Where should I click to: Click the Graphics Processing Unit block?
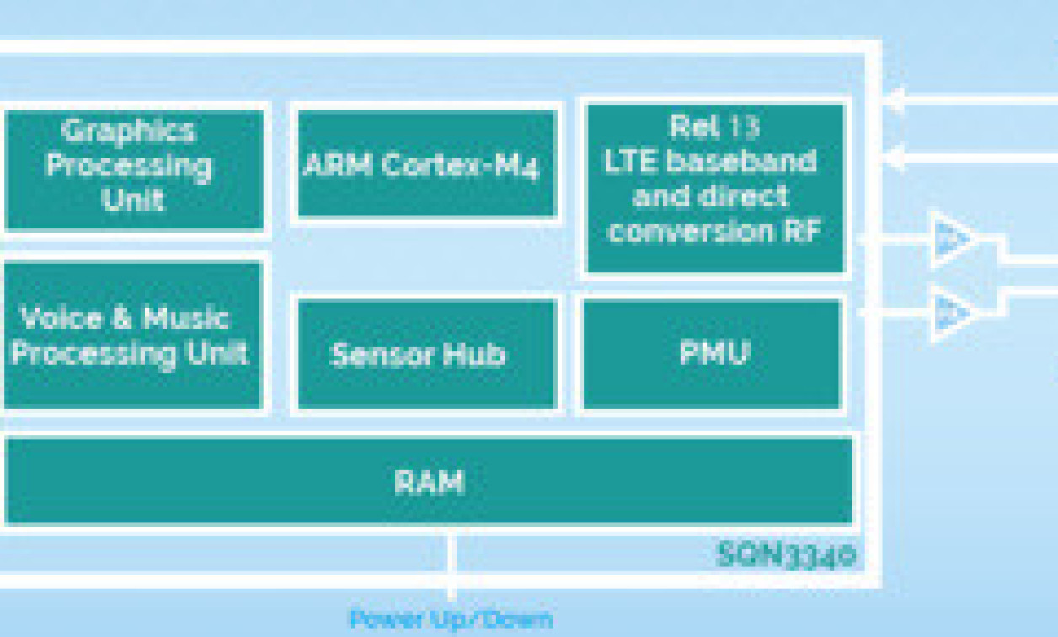(x=133, y=169)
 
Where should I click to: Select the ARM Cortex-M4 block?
(x=426, y=163)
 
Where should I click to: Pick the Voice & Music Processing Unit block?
(x=133, y=335)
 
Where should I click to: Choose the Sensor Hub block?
(x=426, y=354)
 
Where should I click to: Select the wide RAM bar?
(x=428, y=482)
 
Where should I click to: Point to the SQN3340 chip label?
(x=787, y=555)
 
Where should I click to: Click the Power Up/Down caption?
(x=452, y=620)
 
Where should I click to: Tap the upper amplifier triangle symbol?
(x=952, y=239)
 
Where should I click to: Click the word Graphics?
(x=128, y=131)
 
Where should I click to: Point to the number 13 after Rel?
(x=745, y=127)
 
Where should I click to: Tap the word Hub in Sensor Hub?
(x=473, y=354)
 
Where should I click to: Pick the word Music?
(x=186, y=318)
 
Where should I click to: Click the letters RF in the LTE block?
(x=803, y=231)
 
